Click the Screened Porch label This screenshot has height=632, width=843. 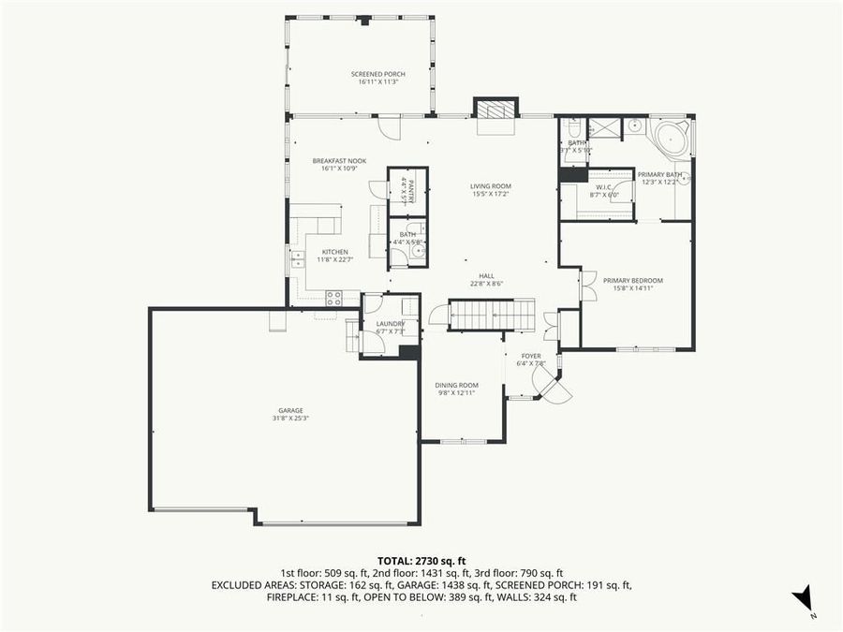coord(378,74)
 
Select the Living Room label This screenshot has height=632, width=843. coord(491,186)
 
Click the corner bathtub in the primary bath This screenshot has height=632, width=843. coord(673,138)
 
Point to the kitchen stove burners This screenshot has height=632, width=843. coord(333,298)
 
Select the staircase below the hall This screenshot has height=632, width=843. coord(491,316)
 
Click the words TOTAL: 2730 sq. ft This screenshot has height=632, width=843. coord(421,558)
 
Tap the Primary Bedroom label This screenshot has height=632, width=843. coord(632,281)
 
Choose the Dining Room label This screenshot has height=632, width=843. coord(456,385)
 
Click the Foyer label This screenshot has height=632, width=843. coord(531,356)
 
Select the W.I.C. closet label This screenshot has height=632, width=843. coord(603,187)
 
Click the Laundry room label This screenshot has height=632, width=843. coord(389,324)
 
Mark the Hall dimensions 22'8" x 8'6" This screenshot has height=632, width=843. coord(486,283)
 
